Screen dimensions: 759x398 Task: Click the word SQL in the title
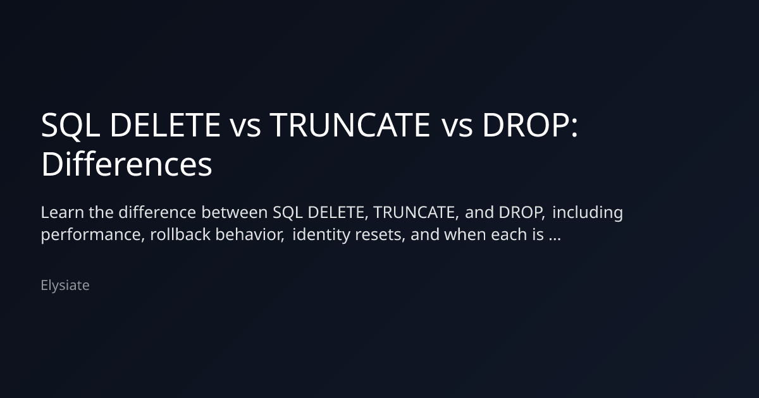(x=70, y=125)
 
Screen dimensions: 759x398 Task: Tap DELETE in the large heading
(x=165, y=125)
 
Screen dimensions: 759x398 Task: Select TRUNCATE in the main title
(x=350, y=125)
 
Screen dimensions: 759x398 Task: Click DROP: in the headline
(x=530, y=125)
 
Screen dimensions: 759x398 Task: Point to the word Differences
(x=126, y=164)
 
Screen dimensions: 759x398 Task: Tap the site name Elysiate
(x=65, y=286)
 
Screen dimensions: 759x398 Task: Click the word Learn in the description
(x=63, y=212)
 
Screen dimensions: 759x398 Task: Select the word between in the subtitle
(x=235, y=212)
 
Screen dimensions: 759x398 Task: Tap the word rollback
(x=180, y=234)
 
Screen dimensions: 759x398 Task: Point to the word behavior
(x=250, y=234)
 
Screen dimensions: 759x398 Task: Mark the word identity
(x=321, y=235)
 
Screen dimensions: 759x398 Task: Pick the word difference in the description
(x=157, y=212)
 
